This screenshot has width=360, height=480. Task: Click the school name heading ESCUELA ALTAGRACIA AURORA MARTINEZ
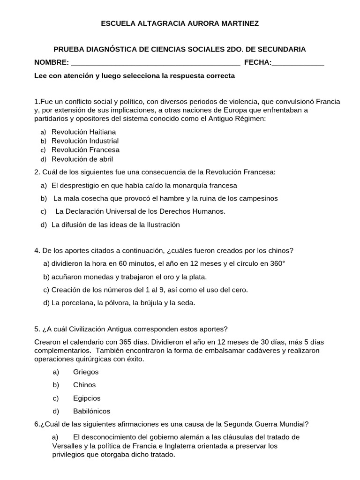pyautogui.click(x=180, y=23)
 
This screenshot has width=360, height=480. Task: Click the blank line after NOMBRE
pyautogui.click(x=155, y=63)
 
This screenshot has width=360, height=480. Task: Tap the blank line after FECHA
pyautogui.click(x=298, y=63)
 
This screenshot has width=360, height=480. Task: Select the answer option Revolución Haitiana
pyautogui.click(x=83, y=132)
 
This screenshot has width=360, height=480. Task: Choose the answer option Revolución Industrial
pyautogui.click(x=85, y=141)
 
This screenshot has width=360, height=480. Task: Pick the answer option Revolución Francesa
pyautogui.click(x=85, y=150)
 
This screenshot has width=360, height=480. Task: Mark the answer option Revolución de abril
pyautogui.click(x=82, y=159)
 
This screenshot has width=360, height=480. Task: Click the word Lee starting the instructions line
pyautogui.click(x=41, y=75)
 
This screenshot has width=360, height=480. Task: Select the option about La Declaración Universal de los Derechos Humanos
pyautogui.click(x=140, y=211)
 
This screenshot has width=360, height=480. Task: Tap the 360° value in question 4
pyautogui.click(x=277, y=263)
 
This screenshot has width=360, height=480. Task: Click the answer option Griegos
pyautogui.click(x=86, y=372)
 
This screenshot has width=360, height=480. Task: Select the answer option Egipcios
pyautogui.click(x=87, y=398)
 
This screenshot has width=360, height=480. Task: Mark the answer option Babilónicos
pyautogui.click(x=91, y=412)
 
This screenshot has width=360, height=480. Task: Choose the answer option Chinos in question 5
pyautogui.click(x=84, y=385)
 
